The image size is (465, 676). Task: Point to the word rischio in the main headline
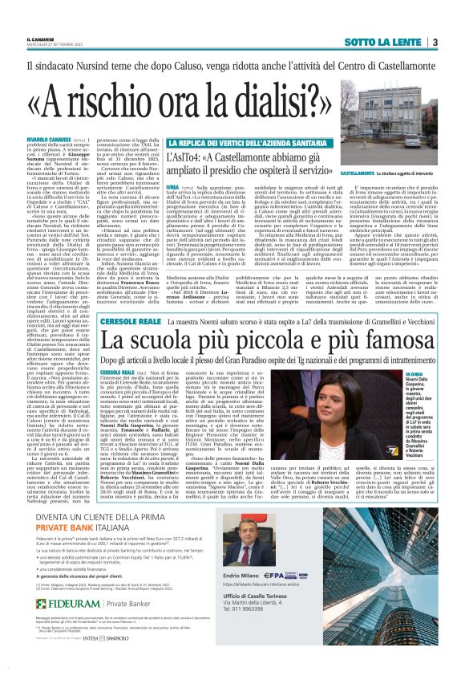tap(130, 93)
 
